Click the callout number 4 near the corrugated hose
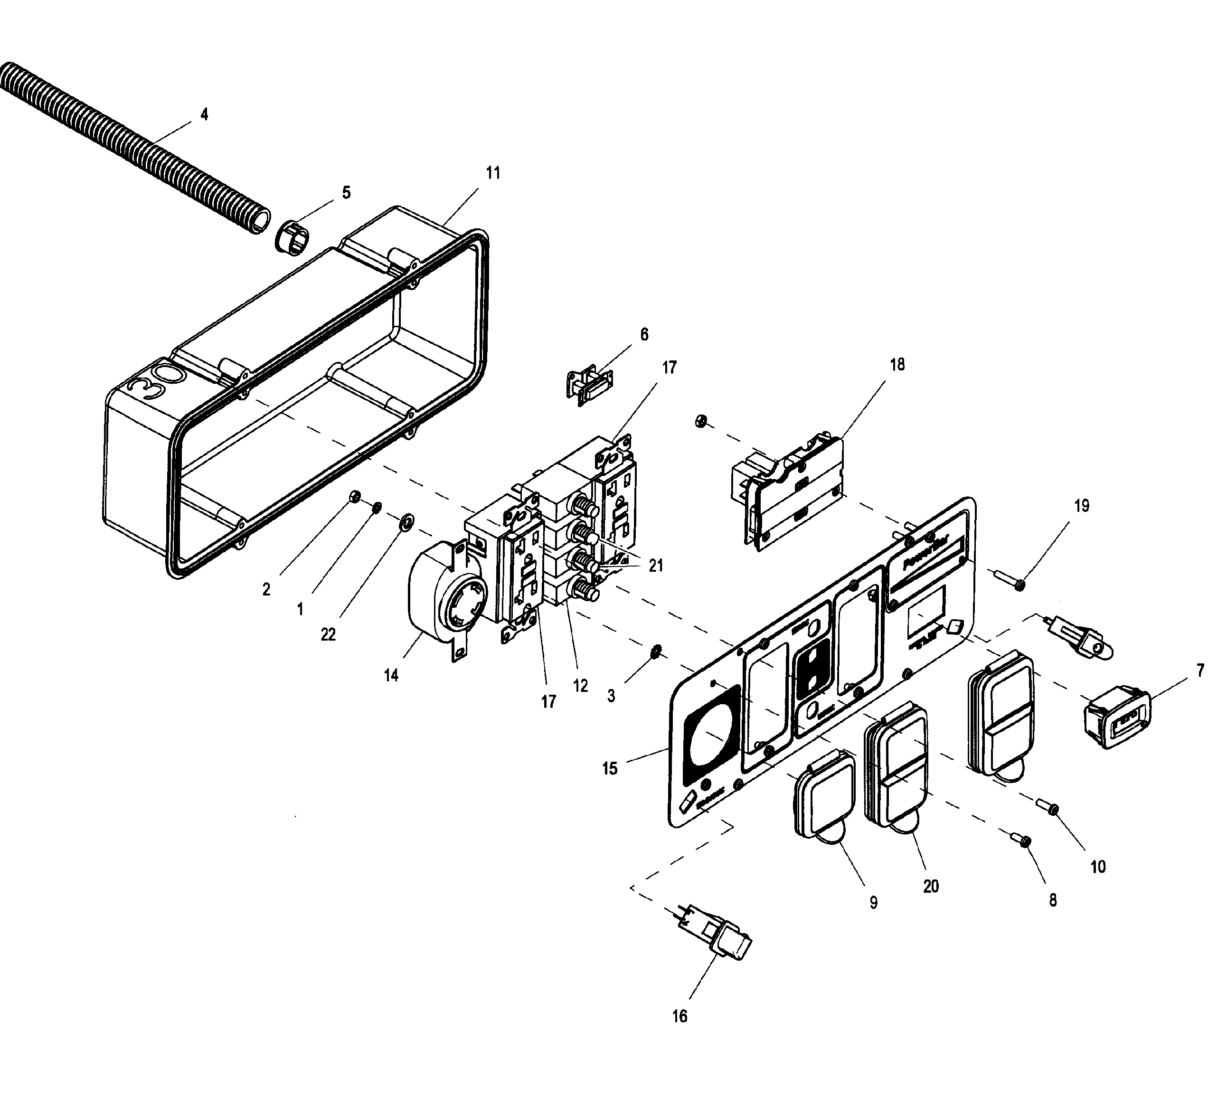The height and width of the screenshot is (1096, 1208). point(204,114)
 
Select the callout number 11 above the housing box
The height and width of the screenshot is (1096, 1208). point(492,173)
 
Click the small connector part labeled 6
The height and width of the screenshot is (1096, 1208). point(590,384)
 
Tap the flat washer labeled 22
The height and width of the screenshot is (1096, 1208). point(406,521)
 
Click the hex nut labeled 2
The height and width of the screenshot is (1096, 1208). point(354,496)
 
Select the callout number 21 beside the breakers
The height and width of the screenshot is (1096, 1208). point(656,566)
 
